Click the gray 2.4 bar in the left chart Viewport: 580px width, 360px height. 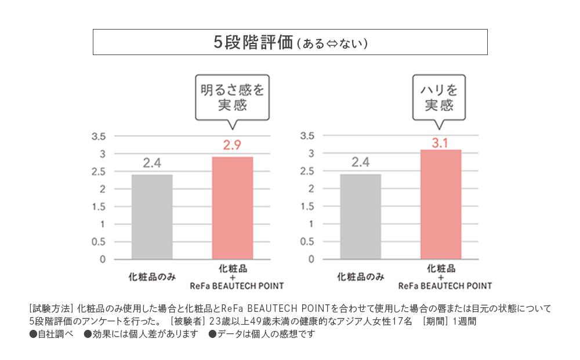click(x=152, y=217)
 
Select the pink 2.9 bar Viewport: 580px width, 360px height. click(x=232, y=208)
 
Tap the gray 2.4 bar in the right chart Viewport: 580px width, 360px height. click(x=360, y=217)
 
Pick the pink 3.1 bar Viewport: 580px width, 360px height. click(x=440, y=204)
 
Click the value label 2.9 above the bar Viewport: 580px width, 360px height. click(x=232, y=146)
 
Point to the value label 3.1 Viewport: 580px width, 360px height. click(x=440, y=142)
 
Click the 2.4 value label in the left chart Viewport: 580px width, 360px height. click(x=152, y=163)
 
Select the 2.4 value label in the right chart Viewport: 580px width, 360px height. click(x=360, y=163)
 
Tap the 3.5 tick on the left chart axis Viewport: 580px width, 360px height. click(x=99, y=137)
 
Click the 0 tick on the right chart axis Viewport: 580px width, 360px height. click(x=311, y=259)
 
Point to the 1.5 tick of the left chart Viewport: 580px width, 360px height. click(x=99, y=207)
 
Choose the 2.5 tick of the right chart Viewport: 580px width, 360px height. click(x=307, y=172)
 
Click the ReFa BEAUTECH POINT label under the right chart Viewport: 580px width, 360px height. click(x=445, y=286)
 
